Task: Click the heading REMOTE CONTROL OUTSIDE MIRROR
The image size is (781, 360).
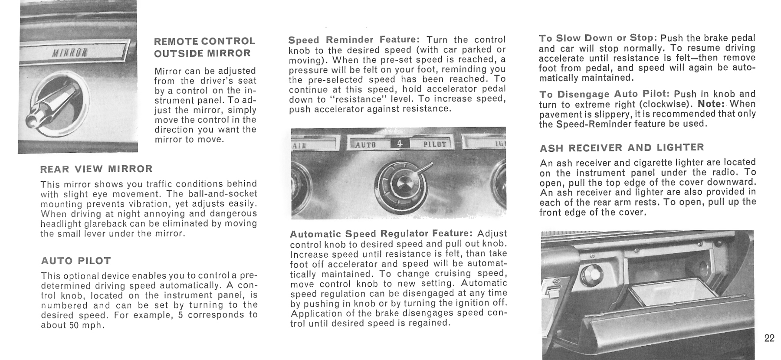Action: coord(204,47)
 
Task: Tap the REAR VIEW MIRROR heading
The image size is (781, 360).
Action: coord(96,169)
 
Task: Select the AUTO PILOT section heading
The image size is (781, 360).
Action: coord(76,261)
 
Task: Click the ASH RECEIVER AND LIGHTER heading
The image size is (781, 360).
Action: coord(622,147)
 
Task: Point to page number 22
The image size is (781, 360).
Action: coord(769,338)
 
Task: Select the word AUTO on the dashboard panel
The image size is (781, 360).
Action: coord(365,145)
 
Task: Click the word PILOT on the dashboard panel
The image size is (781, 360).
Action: coord(434,144)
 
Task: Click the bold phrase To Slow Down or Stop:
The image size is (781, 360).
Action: coord(598,38)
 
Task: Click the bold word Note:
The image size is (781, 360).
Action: coord(712,104)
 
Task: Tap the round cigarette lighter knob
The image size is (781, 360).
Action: coord(589,274)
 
